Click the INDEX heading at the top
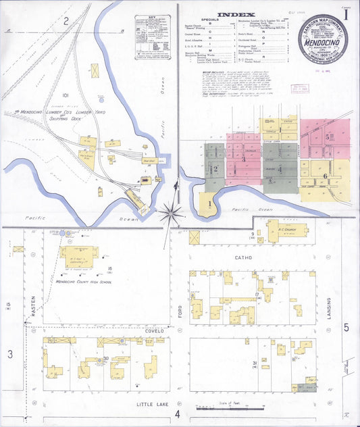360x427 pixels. click(236, 14)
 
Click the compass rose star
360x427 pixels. click(172, 214)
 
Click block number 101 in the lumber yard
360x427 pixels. click(66, 95)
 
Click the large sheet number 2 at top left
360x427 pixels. click(66, 20)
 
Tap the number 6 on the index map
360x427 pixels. click(325, 176)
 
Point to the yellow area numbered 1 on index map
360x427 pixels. click(209, 203)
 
